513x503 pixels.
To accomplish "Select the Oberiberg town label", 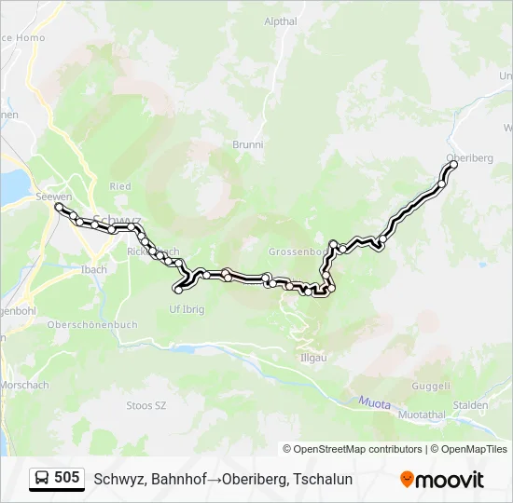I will point(470,157).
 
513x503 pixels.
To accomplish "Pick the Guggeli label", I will point(432,386).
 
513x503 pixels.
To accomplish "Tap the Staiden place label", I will point(471,405).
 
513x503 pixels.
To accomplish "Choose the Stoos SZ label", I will point(146,406).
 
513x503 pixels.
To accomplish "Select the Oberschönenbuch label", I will point(92,325).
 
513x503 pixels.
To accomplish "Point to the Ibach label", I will point(93,270).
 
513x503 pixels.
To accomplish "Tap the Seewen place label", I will point(54,197).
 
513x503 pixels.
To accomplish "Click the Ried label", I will point(120,186).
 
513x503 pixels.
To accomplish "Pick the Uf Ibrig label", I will point(186,309).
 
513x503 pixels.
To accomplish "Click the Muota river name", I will point(375,402).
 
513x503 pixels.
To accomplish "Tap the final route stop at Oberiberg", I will point(454,165).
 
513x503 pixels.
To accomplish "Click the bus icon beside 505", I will point(43,478).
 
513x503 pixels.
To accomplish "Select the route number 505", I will point(67,478).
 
